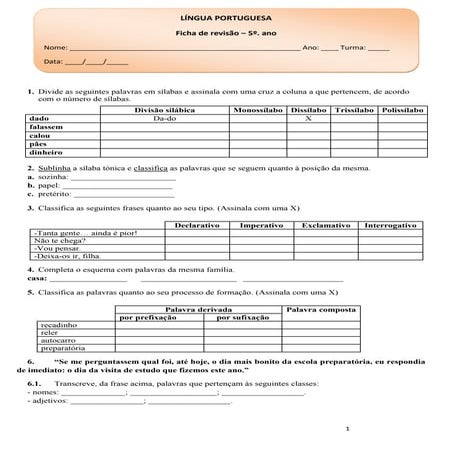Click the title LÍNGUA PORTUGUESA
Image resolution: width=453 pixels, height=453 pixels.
coord(227,17)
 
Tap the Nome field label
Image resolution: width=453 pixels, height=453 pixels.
coord(55,47)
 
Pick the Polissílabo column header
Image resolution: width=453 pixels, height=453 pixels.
coord(404,108)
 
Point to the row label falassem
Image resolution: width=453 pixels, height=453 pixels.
coord(47,127)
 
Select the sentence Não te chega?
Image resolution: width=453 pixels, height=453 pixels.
coord(58,241)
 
